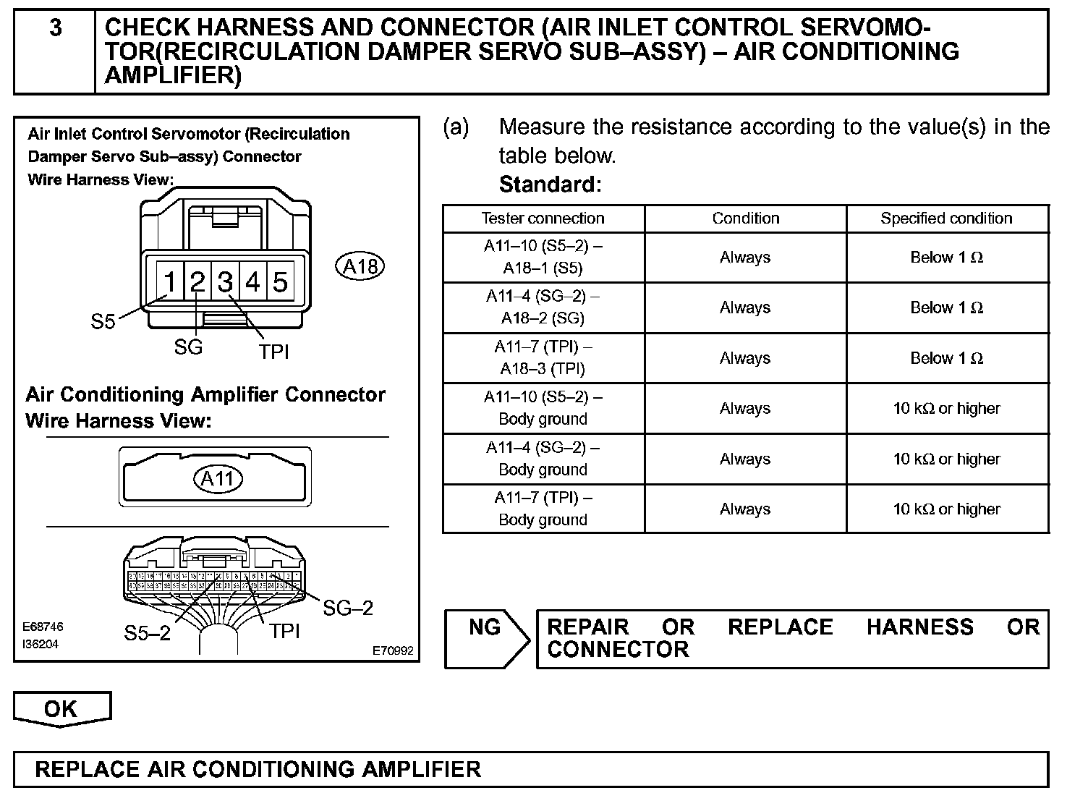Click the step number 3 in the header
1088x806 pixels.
56,28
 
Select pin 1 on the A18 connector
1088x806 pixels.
169,281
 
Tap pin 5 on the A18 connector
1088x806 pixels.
280,281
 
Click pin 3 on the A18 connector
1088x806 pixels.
226,281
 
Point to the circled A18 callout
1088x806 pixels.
360,267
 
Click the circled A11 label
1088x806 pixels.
218,478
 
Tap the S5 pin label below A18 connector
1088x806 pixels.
103,322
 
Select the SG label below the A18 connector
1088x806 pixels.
188,348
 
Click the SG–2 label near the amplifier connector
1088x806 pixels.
348,608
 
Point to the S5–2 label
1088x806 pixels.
147,634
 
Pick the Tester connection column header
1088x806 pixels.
543,219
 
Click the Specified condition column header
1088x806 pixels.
946,219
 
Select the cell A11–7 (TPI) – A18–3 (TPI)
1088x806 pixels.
543,358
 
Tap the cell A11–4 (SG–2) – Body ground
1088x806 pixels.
543,459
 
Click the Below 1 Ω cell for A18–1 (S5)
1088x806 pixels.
946,258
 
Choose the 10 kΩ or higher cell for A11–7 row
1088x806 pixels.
946,509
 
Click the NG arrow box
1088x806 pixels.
486,638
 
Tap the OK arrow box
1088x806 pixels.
61,709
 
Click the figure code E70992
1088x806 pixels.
393,651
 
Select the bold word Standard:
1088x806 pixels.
550,184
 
